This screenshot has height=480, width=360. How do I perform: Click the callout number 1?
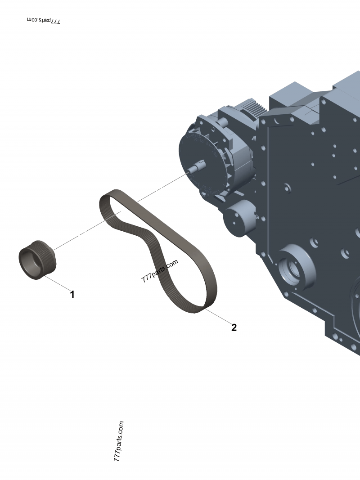pyautogui.click(x=72, y=295)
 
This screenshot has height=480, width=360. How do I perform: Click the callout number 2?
pyautogui.click(x=234, y=327)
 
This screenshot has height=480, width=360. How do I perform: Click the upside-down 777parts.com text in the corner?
pyautogui.click(x=44, y=21)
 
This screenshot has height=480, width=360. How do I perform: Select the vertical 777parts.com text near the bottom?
pyautogui.click(x=118, y=443)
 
